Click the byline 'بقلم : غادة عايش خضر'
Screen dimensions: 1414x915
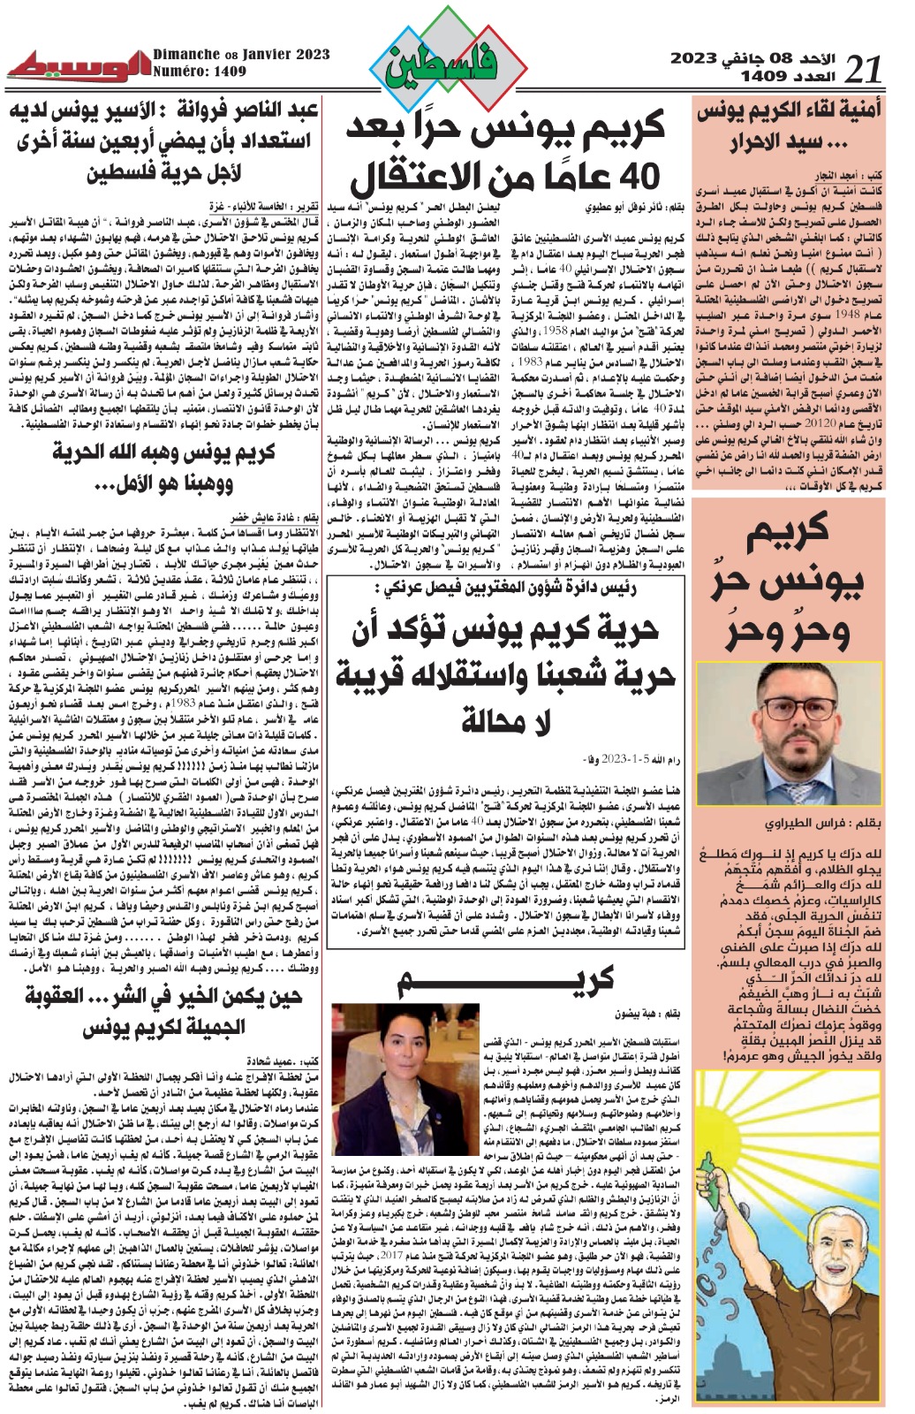point(269,517)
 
